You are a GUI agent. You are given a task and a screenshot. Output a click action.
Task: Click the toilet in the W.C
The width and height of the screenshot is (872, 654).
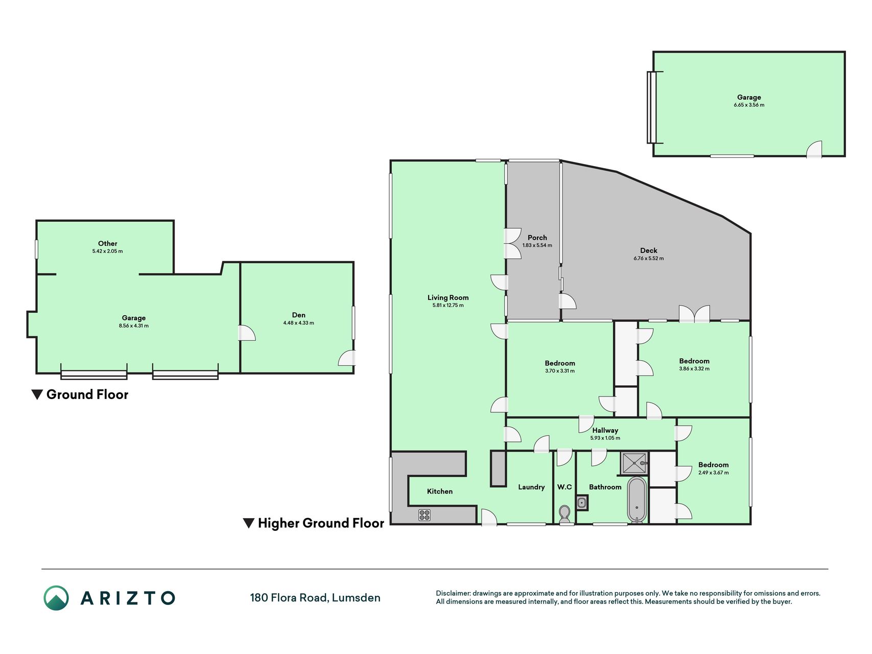(564, 515)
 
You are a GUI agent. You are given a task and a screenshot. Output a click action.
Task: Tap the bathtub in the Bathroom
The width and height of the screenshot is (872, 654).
(637, 500)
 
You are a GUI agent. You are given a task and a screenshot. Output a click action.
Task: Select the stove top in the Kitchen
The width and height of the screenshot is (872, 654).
(425, 515)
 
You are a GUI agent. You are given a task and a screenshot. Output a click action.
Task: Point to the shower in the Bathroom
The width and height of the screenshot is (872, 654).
(634, 463)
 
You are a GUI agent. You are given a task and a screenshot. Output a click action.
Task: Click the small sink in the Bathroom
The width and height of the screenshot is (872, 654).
(582, 503)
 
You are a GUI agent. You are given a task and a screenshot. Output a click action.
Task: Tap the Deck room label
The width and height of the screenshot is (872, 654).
(649, 250)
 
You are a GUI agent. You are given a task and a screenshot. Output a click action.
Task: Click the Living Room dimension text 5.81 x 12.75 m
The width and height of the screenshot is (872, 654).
(448, 306)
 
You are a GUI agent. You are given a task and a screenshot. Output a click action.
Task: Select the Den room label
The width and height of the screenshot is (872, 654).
(299, 315)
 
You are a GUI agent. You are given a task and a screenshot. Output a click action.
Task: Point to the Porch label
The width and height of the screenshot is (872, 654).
(537, 238)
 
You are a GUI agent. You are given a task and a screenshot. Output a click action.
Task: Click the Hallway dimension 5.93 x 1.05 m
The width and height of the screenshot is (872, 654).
(605, 438)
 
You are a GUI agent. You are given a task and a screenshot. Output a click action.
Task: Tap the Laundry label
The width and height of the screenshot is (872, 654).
(531, 487)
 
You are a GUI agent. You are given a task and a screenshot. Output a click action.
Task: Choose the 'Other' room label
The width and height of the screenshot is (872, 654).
(108, 244)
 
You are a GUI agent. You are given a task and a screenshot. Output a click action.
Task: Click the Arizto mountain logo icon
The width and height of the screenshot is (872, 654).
(56, 598)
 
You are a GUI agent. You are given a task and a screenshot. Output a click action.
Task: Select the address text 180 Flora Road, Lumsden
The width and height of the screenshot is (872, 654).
(315, 598)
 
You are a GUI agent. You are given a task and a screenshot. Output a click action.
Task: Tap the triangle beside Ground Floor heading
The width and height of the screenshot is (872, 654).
(37, 394)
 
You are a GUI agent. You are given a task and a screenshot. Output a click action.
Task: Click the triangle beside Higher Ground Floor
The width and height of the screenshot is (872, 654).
(248, 523)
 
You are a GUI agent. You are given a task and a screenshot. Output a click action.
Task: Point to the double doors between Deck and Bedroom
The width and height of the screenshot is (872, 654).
(694, 314)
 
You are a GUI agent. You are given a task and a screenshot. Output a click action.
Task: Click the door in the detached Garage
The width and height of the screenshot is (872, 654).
(814, 149)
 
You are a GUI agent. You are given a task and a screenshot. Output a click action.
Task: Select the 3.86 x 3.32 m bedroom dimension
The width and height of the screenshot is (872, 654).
(694, 369)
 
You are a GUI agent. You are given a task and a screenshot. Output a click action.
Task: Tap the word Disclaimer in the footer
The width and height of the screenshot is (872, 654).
(453, 593)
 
